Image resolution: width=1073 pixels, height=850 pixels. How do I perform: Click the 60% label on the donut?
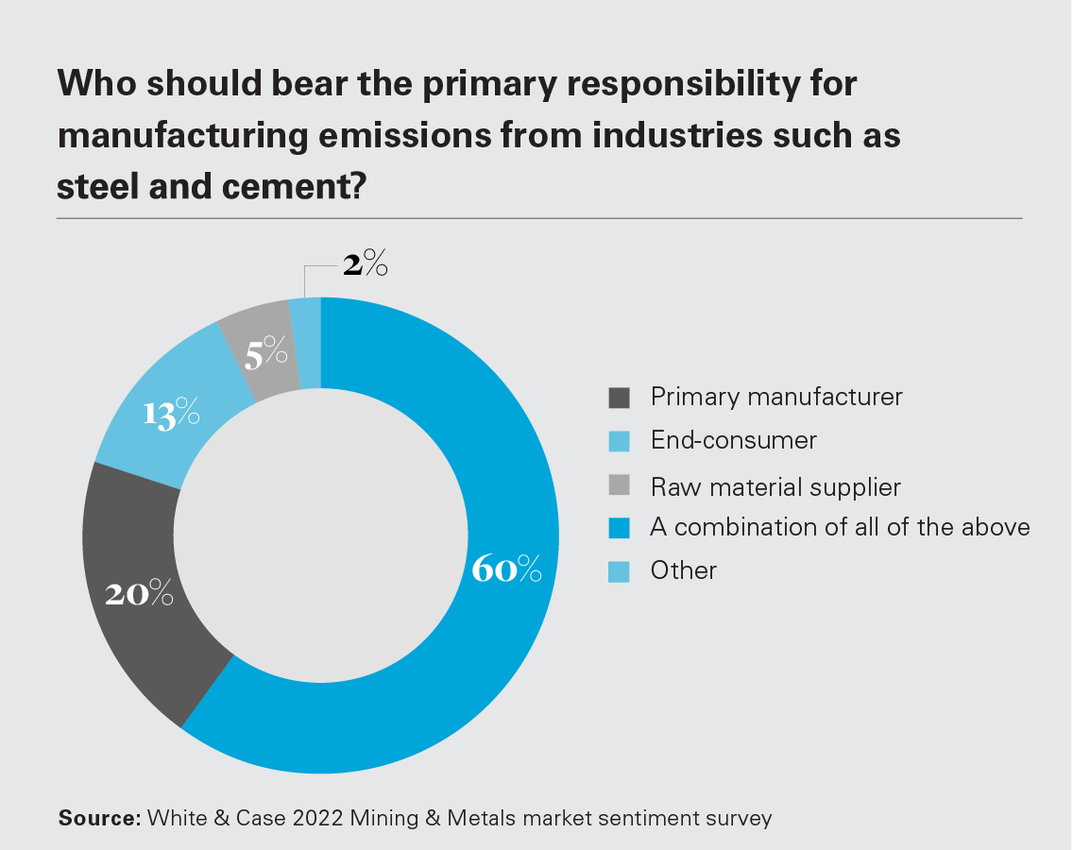(505, 569)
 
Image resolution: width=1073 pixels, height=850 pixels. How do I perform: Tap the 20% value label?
(139, 593)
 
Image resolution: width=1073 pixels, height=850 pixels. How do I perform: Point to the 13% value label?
(171, 414)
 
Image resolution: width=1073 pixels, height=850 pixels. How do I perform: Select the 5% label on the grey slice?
(265, 354)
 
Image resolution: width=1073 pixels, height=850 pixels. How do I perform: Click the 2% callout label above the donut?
(365, 265)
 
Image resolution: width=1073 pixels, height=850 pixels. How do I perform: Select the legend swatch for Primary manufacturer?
(619, 398)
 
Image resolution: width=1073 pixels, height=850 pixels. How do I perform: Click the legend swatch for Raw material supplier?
(619, 487)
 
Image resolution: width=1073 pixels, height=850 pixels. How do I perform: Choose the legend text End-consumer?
(733, 440)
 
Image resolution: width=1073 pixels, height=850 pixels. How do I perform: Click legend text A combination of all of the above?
(840, 527)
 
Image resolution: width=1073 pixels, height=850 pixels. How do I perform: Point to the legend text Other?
(684, 570)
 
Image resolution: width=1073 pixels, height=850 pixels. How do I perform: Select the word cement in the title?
(282, 186)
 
